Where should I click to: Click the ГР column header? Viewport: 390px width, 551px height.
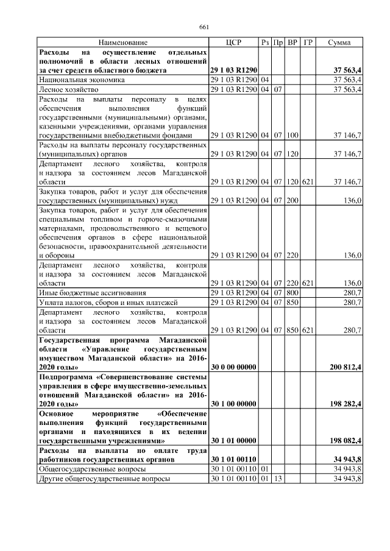pyautogui.click(x=308, y=43)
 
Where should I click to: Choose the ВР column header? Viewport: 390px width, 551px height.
pyautogui.click(x=292, y=43)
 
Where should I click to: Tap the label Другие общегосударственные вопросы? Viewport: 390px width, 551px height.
pyautogui.click(x=104, y=479)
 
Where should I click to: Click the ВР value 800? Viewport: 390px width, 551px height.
pyautogui.click(x=292, y=293)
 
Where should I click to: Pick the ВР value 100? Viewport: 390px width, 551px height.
pyautogui.click(x=292, y=135)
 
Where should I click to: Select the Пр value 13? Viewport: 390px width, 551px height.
pyautogui.click(x=278, y=479)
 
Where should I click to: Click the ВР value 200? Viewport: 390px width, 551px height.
pyautogui.click(x=292, y=200)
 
